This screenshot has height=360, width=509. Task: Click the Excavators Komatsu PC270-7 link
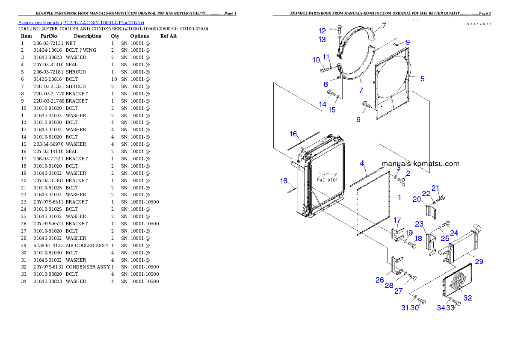81,22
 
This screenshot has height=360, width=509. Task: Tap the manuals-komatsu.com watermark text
420,164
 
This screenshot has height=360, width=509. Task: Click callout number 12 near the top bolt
322,31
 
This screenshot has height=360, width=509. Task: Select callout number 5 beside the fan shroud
422,79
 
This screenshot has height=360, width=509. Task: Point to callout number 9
408,42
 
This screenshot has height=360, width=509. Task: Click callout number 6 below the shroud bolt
358,120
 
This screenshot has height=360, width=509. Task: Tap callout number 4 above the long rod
362,163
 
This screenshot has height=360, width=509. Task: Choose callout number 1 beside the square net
400,198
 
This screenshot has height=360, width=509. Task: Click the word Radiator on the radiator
327,180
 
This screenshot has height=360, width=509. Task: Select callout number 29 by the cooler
479,262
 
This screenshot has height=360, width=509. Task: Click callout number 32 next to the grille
468,298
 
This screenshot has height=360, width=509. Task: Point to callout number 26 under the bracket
380,280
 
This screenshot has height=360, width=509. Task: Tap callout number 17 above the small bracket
397,220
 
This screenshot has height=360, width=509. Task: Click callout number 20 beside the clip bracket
417,199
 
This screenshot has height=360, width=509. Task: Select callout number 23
419,224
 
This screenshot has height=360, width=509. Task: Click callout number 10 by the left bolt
316,60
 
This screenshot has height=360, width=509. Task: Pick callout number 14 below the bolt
323,104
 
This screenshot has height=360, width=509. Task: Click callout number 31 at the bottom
405,308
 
